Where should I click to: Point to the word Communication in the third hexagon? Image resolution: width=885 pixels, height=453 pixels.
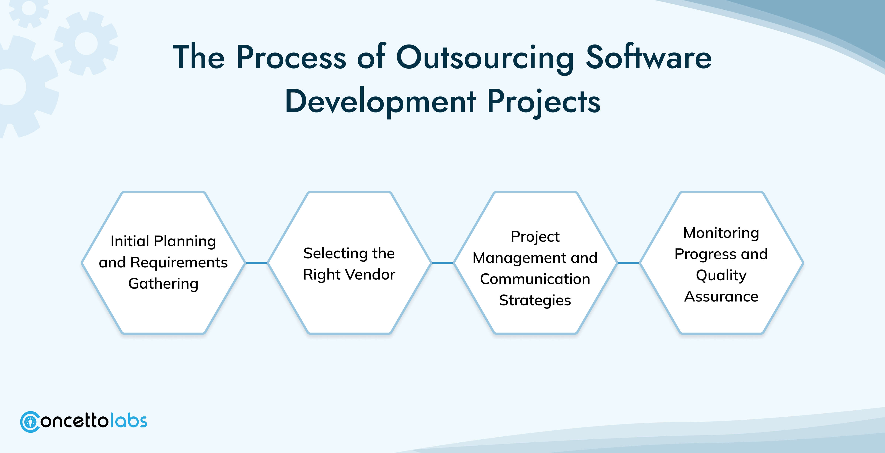click(535, 279)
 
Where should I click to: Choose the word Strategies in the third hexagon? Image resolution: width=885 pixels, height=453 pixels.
click(535, 301)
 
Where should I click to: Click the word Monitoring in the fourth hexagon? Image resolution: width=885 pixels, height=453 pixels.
click(721, 233)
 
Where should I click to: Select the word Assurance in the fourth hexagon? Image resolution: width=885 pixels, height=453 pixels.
click(721, 297)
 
